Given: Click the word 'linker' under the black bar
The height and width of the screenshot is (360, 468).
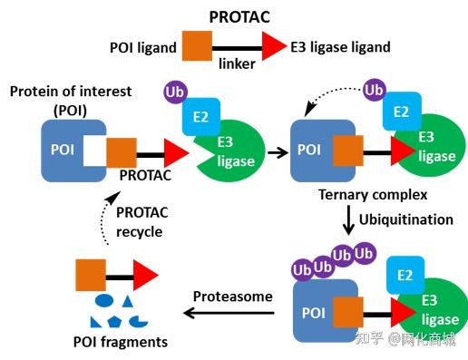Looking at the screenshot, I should (236, 64).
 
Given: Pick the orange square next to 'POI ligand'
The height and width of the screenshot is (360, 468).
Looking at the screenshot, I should (197, 45).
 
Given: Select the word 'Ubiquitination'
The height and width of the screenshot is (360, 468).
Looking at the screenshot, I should (405, 219).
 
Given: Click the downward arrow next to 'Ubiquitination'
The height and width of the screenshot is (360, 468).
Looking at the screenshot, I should (346, 220).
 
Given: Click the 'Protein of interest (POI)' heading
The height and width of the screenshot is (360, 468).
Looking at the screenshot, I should (69, 99).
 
